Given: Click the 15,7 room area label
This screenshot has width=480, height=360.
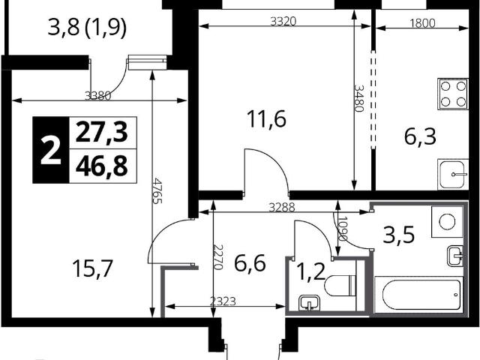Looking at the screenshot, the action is click(93, 268).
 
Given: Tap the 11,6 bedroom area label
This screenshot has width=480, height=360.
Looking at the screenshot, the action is click(266, 118).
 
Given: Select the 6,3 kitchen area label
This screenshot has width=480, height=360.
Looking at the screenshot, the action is click(420, 136).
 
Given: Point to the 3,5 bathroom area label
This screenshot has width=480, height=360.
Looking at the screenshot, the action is click(399, 235).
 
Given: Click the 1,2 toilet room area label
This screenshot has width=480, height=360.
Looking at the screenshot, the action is click(311, 272).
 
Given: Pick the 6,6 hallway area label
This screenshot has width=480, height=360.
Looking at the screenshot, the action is click(250, 263).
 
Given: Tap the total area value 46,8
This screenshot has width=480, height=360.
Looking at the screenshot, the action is click(101, 166).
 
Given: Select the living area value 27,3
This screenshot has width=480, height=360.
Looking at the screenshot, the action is click(101, 133).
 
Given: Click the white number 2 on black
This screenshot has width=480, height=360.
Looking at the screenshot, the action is click(51, 150).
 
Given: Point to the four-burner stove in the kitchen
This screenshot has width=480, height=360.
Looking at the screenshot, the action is click(453, 94).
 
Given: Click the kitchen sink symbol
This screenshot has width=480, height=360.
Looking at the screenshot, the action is click(453, 174).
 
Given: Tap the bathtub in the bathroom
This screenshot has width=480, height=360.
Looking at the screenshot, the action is click(418, 295).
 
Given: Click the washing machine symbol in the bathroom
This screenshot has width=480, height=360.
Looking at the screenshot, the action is click(447, 222).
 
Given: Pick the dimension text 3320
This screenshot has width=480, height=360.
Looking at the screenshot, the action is click(283, 22).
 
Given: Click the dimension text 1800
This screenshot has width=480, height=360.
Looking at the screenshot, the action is click(422, 23).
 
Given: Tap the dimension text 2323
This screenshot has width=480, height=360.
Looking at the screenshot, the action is click(223, 301).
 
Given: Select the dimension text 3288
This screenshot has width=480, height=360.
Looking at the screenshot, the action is click(282, 208).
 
